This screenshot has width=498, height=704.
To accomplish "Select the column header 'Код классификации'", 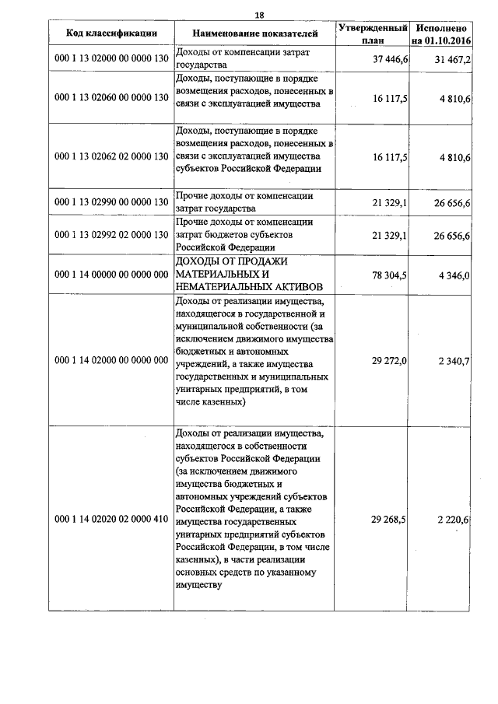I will pyautogui.click(x=112, y=33).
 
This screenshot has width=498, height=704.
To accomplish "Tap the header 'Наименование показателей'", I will pyautogui.click(x=256, y=33).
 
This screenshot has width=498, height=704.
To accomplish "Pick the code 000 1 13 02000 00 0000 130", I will pyautogui.click(x=112, y=59).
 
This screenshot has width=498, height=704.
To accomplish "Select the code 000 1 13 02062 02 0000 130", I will pyautogui.click(x=112, y=156).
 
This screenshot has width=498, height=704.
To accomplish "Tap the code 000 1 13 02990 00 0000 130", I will pyautogui.click(x=112, y=202).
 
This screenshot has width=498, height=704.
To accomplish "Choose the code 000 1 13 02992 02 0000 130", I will pyautogui.click(x=112, y=236).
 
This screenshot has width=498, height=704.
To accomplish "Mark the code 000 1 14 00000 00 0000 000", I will pyautogui.click(x=112, y=274).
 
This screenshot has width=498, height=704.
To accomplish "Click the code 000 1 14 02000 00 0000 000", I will pyautogui.click(x=112, y=360).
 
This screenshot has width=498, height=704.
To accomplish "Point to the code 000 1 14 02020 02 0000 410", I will pyautogui.click(x=112, y=519).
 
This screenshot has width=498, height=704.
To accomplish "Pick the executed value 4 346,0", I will pyautogui.click(x=454, y=274).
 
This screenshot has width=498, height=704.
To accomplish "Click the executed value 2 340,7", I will pyautogui.click(x=454, y=360).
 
